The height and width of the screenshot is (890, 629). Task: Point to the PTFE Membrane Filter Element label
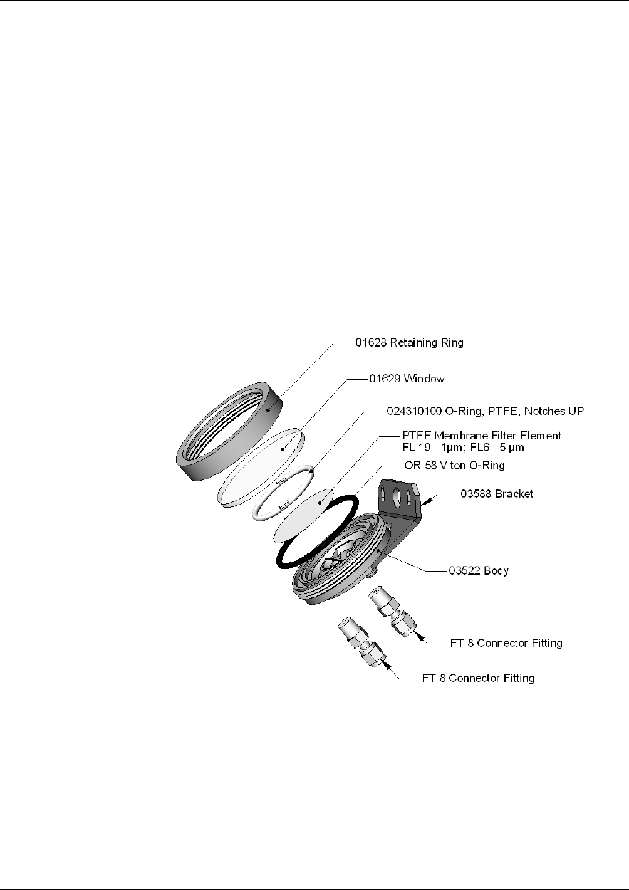[x=481, y=436]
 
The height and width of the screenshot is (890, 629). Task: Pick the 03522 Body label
[x=479, y=571]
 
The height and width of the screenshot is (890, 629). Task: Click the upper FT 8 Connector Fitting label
[x=506, y=643]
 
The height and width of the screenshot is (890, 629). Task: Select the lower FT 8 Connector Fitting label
[x=478, y=678]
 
